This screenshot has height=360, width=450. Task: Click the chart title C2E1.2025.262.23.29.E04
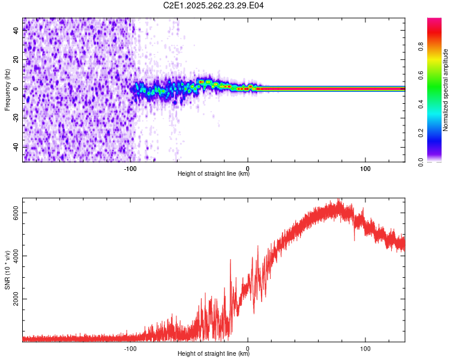click(x=214, y=5)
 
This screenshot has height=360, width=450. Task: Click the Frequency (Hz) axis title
click(x=7, y=90)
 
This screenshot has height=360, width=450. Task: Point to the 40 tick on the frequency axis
click(x=17, y=31)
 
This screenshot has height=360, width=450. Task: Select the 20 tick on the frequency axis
click(x=17, y=59)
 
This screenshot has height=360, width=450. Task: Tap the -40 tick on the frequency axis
click(x=17, y=147)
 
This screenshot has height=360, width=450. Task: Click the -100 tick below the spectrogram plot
click(x=131, y=169)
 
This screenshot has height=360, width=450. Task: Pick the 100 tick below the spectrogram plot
click(x=365, y=169)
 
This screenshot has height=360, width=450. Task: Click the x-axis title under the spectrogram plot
click(x=214, y=174)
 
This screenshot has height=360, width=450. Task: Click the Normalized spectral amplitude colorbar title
click(x=446, y=90)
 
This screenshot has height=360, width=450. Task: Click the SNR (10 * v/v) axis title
click(x=7, y=269)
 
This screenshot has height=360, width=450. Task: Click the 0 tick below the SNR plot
click(x=248, y=349)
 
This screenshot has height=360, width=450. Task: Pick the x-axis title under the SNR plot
click(x=214, y=354)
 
